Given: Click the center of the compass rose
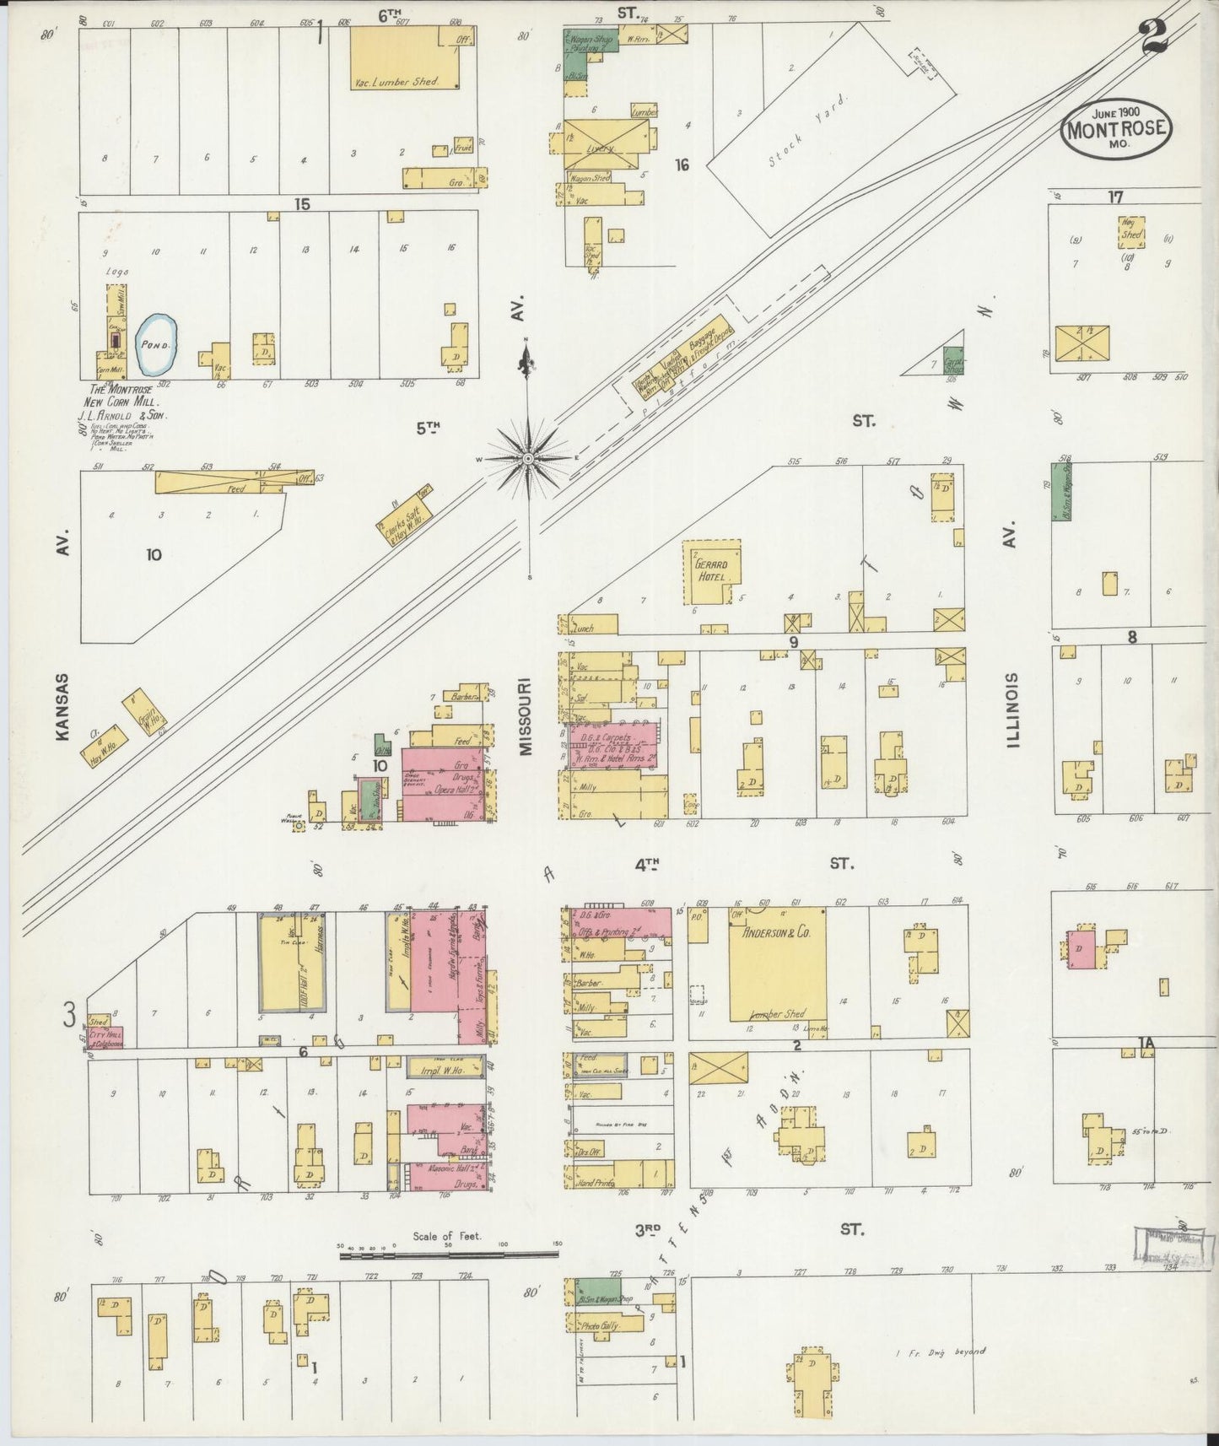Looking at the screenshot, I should coord(528,458).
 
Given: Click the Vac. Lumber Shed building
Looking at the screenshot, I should coord(407,57).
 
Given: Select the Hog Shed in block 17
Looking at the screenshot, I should coord(1132,234).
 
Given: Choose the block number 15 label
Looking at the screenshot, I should coord(302,203).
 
